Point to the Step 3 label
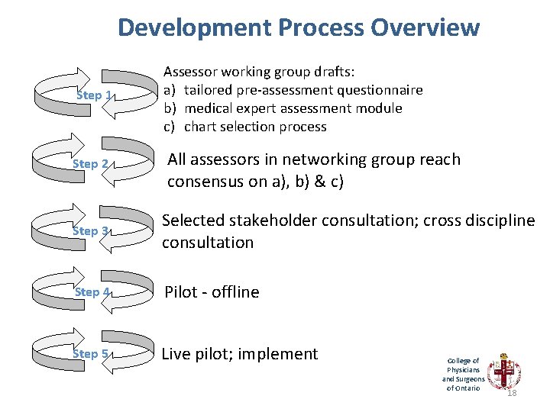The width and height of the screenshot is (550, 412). click(91, 230)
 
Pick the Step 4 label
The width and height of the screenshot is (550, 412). click(91, 292)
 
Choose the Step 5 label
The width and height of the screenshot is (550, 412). click(91, 354)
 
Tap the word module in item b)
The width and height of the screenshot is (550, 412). click(379, 108)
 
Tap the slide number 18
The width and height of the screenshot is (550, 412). click(512, 393)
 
